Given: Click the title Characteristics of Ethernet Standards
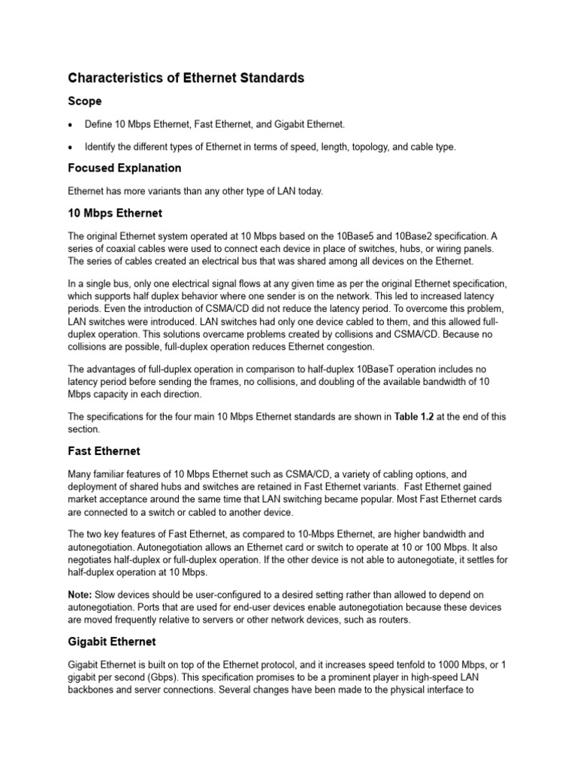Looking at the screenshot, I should [x=186, y=78].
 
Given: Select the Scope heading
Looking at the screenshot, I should [x=85, y=101].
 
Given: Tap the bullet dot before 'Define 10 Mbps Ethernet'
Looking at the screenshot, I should [x=70, y=124].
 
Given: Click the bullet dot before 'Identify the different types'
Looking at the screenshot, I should [x=70, y=147].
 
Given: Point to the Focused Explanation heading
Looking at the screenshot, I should [x=125, y=168].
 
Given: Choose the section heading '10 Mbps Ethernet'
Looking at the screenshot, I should [x=115, y=214].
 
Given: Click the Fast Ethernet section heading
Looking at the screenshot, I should [x=104, y=451].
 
